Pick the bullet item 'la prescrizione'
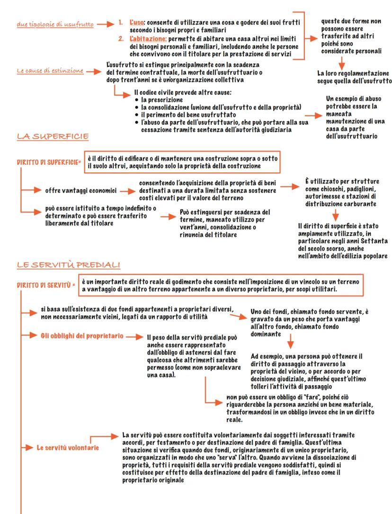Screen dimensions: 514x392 tap(161, 100)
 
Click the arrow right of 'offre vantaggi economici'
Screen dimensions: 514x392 tap(126, 191)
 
